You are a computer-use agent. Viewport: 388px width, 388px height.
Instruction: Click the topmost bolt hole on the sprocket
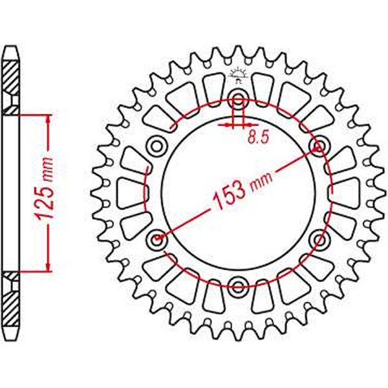238,100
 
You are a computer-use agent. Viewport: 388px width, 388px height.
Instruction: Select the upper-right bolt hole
318,145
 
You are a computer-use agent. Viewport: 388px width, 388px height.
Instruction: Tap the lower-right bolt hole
318,240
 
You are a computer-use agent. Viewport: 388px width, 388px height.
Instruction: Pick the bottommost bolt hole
238,286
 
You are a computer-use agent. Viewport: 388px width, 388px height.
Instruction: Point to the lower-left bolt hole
156,240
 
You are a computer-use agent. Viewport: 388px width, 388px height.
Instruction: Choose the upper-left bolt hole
156,146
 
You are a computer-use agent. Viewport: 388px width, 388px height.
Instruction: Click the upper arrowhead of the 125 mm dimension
48,120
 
